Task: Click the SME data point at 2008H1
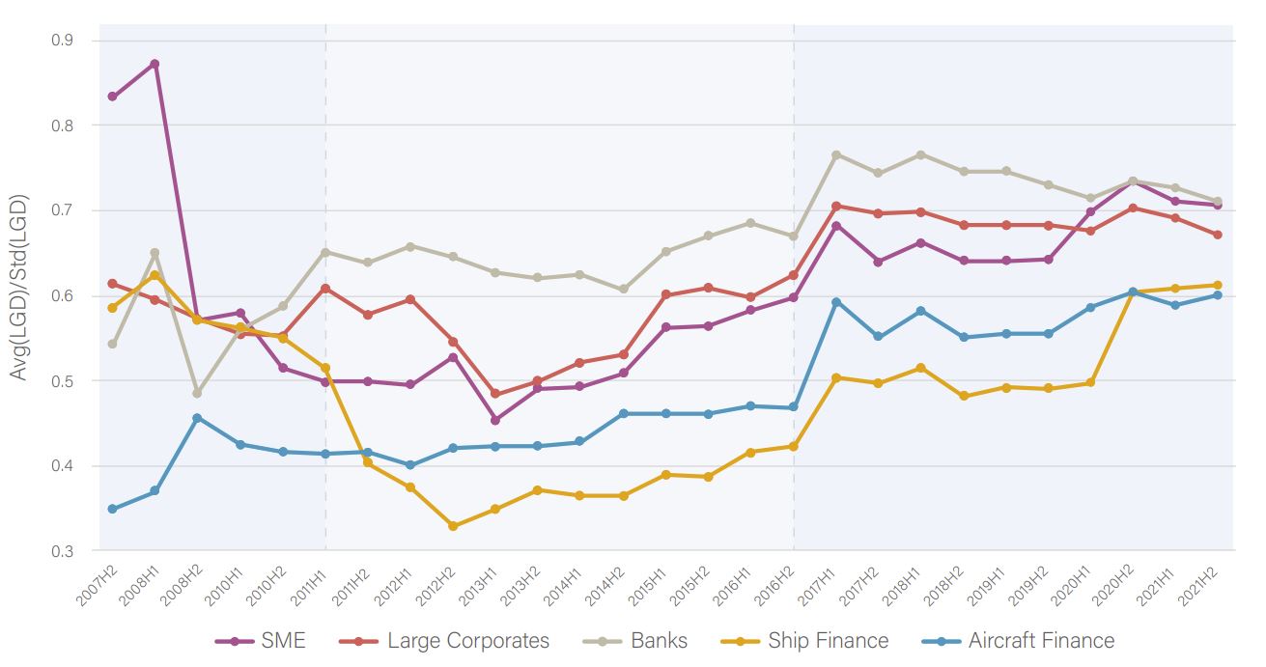pos(155,64)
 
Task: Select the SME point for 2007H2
pos(112,97)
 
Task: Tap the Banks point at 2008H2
pos(197,393)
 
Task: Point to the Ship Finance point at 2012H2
pos(453,526)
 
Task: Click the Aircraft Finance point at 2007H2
pos(112,509)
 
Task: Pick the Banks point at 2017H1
pos(836,154)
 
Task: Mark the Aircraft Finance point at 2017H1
pos(836,302)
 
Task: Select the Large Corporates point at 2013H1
pos(495,394)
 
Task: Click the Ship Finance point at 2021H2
pos(1218,285)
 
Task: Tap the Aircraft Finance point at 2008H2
pos(197,418)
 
